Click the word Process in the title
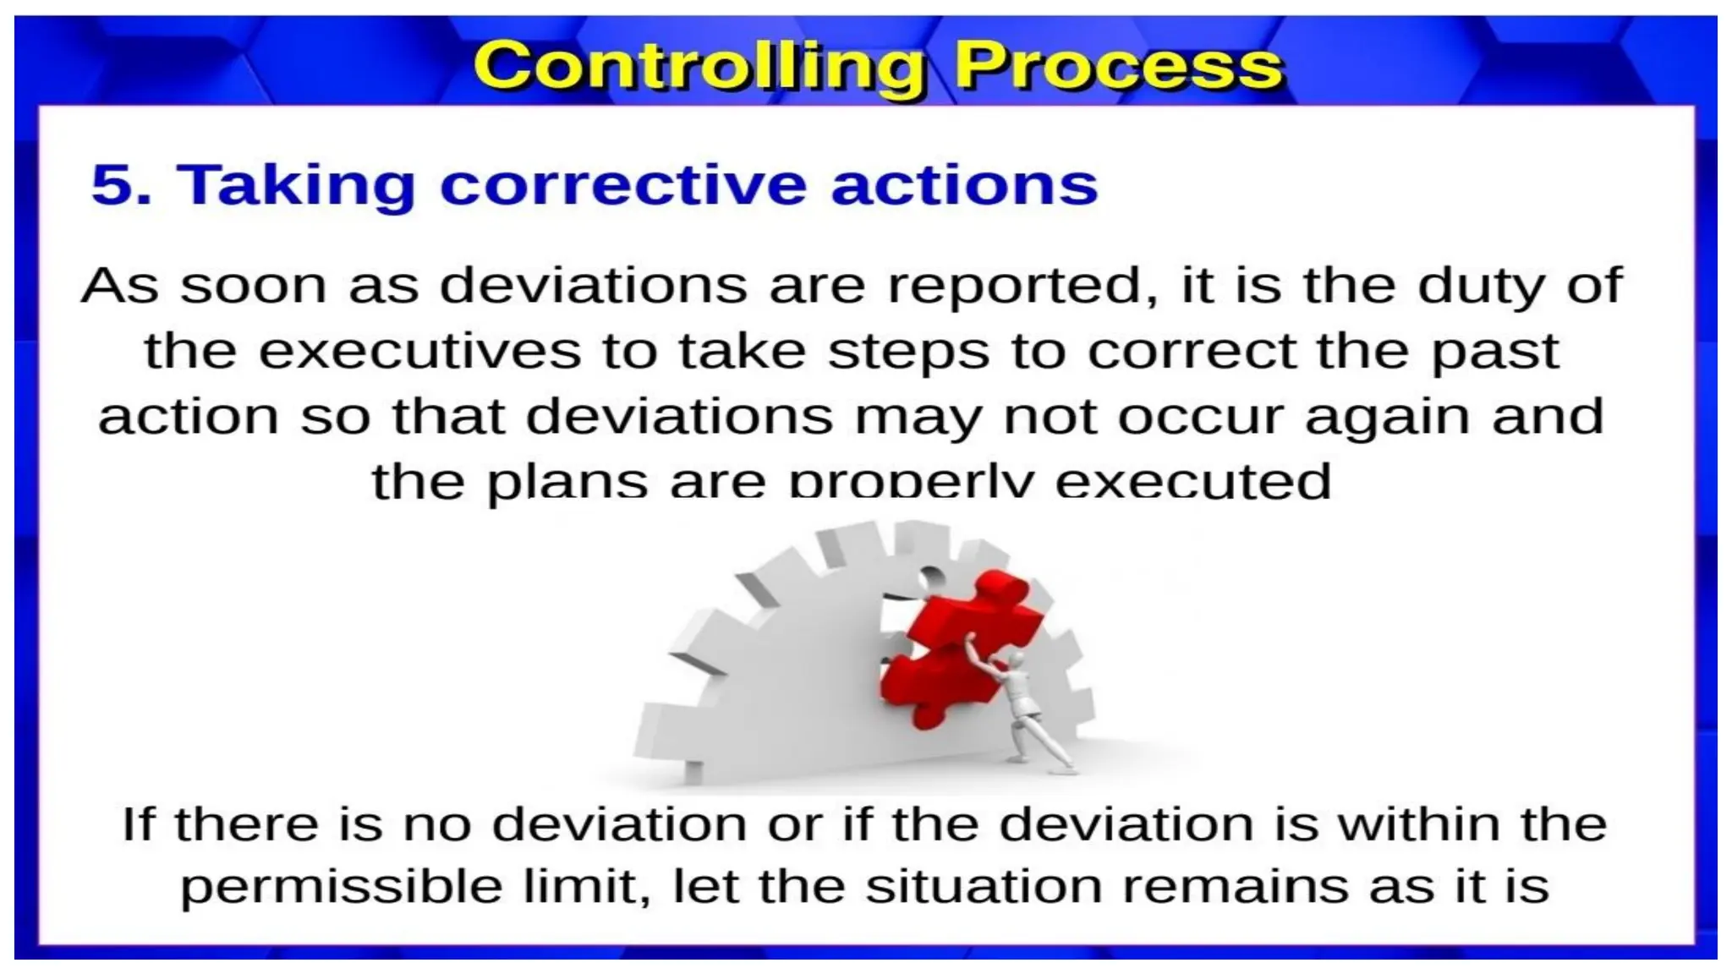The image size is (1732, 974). (1118, 66)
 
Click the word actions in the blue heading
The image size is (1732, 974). (964, 184)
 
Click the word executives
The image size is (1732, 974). (419, 352)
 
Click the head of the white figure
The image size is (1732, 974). (1015, 660)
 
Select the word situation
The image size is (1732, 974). (984, 886)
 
